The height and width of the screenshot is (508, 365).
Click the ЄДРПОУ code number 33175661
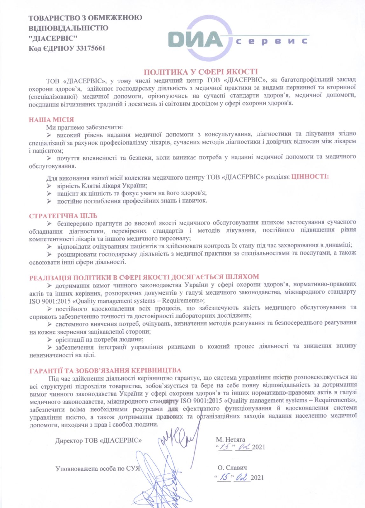[91, 49]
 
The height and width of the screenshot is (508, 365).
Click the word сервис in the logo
[272, 41]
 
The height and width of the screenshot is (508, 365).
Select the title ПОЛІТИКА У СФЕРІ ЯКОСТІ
[201, 72]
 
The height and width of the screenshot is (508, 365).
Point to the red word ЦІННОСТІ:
[310, 177]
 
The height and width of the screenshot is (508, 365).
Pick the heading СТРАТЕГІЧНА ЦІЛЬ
[63, 216]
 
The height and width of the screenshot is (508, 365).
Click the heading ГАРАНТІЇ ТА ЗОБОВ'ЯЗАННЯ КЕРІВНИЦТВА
[105, 370]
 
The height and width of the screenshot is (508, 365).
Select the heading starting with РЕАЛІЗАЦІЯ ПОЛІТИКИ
[144, 277]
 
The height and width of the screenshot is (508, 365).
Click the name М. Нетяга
[231, 439]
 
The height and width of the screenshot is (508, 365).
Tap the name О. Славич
[232, 468]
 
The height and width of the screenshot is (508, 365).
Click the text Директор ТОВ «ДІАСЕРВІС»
[99, 441]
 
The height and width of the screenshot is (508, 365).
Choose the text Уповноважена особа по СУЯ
[98, 469]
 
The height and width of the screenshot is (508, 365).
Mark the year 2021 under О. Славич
[257, 478]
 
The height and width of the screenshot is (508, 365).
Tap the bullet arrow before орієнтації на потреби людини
[49, 339]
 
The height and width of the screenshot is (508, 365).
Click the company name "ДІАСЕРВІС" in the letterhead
[53, 38]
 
